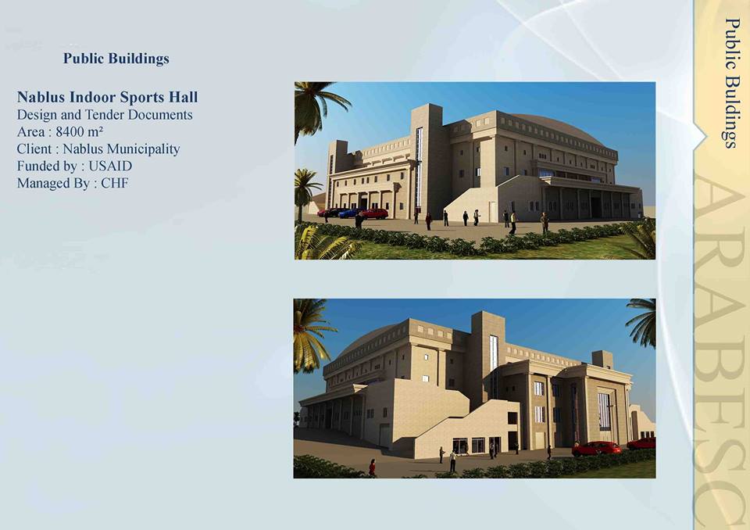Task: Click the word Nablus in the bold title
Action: point(41,97)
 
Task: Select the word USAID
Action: point(110,167)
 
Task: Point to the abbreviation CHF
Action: point(115,184)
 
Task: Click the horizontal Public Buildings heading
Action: point(116,59)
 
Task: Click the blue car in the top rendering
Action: point(348,213)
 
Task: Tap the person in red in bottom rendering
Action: point(372,467)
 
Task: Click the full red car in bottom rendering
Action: point(597,449)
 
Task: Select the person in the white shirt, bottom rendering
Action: point(452,461)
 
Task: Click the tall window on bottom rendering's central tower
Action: point(494,353)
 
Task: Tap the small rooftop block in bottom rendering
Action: point(602,360)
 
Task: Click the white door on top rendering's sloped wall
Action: point(492,212)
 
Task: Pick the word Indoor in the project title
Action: point(93,97)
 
